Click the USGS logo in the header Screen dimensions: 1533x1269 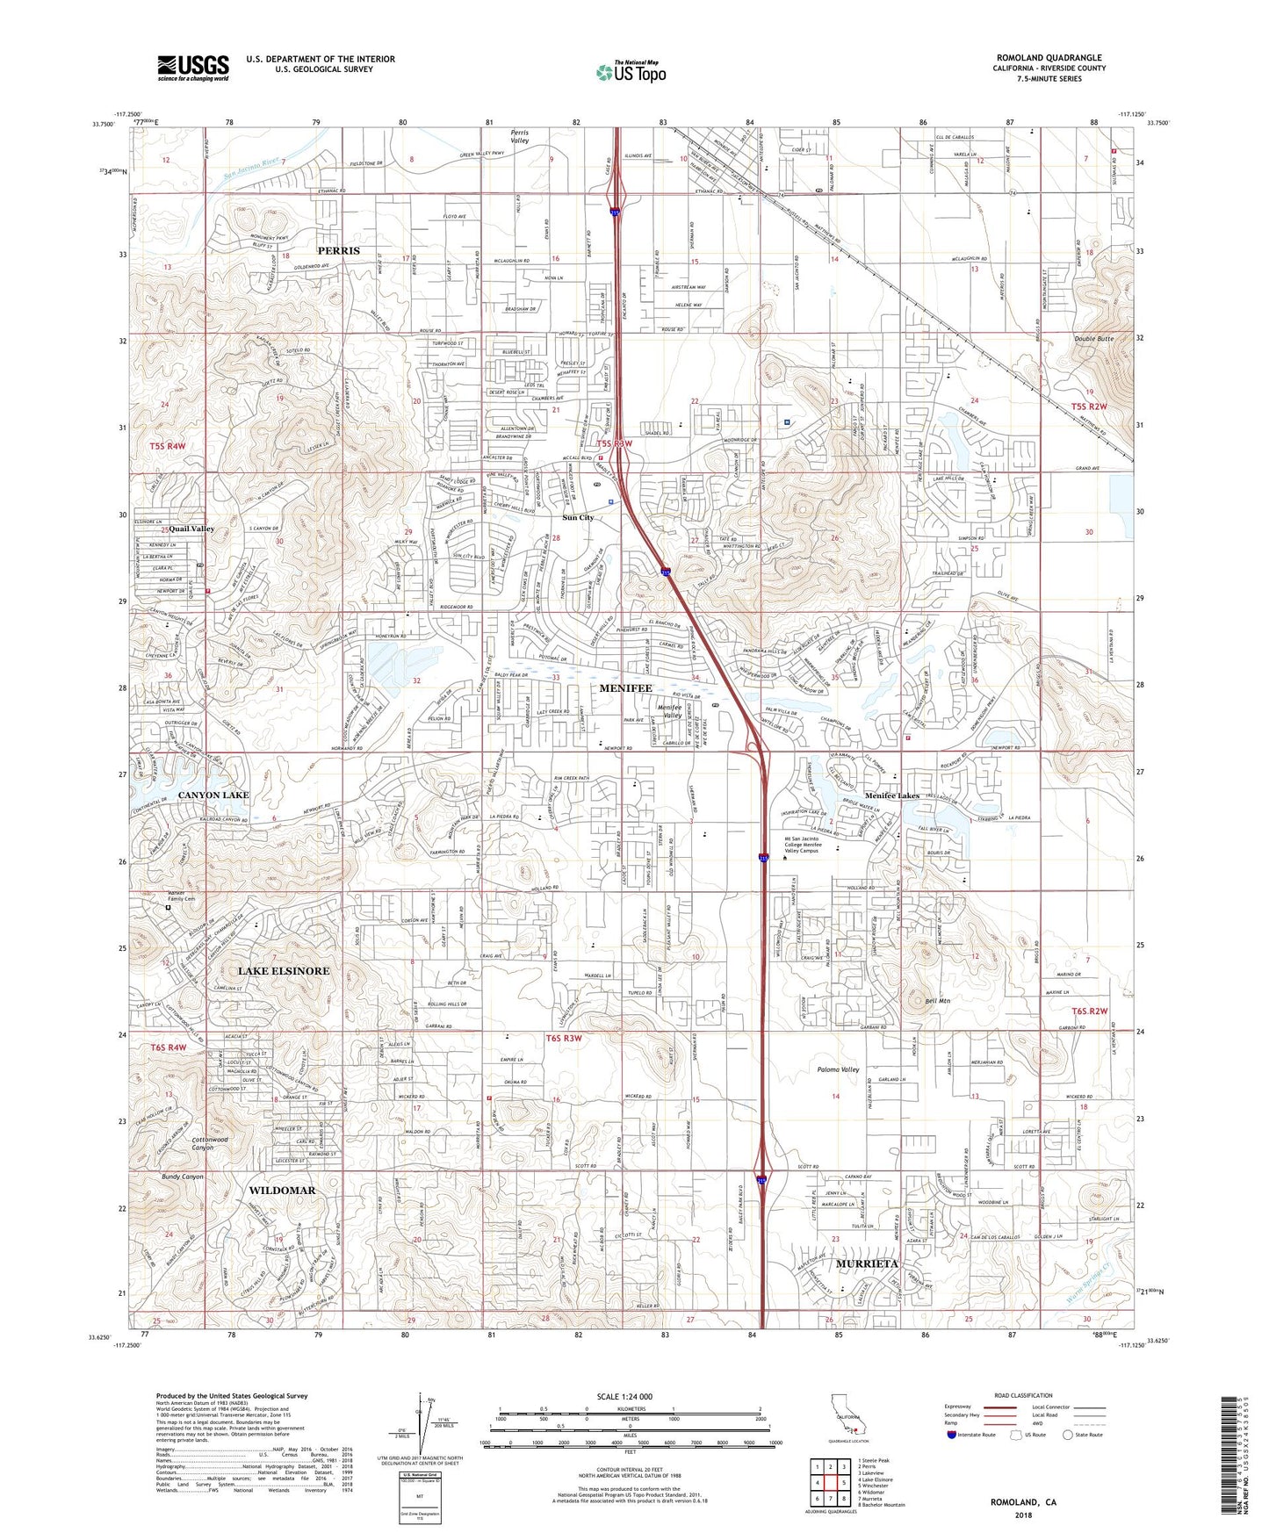pos(193,68)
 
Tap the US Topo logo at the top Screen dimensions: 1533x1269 pos(630,71)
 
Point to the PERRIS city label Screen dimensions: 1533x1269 pos(339,250)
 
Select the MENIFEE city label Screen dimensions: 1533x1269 pos(624,688)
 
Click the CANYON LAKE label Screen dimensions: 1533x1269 pos(213,795)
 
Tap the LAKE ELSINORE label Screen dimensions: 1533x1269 pos(284,971)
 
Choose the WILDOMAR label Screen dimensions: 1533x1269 pos(282,1191)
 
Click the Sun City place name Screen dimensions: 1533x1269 pos(578,518)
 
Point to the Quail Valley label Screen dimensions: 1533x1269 pos(191,529)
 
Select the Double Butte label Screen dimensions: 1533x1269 pos(1093,339)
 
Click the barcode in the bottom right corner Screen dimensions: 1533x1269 pos(1230,1457)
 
